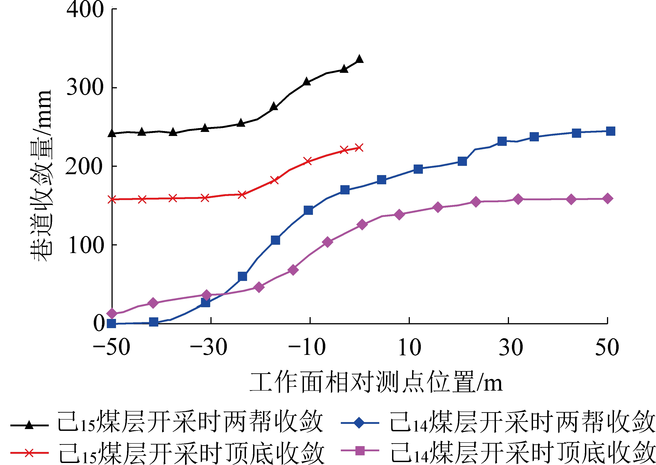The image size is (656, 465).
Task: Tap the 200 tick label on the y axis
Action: point(84,166)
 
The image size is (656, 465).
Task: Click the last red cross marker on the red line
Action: point(359,148)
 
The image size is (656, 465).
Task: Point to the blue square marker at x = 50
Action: point(610,131)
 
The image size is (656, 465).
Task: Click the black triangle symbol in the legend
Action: point(29,425)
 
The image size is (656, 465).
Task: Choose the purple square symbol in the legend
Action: point(360,450)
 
